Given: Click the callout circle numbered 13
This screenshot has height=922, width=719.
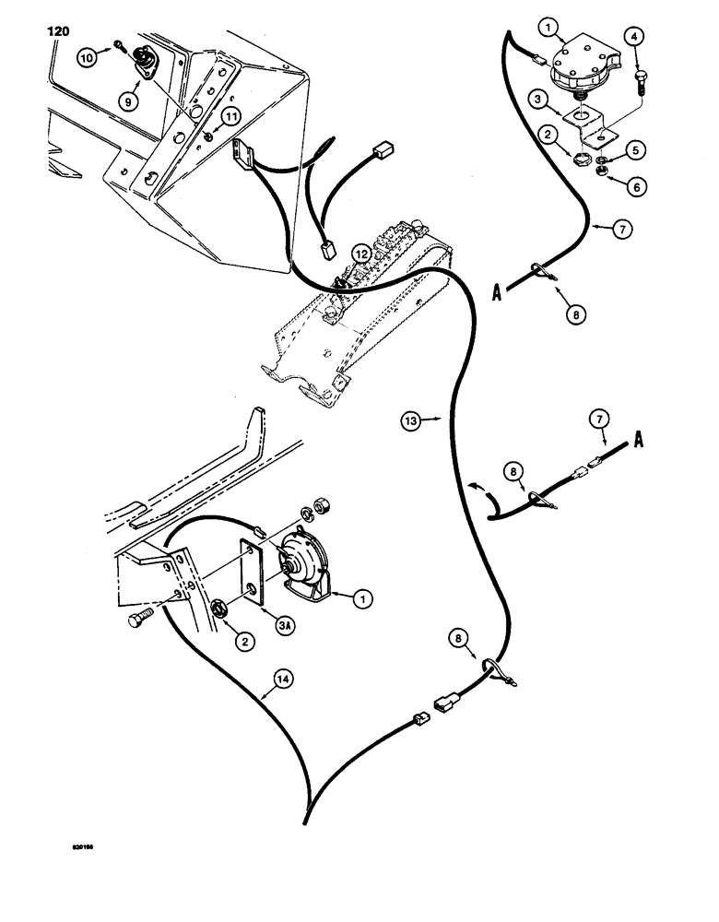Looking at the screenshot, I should [x=413, y=422].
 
